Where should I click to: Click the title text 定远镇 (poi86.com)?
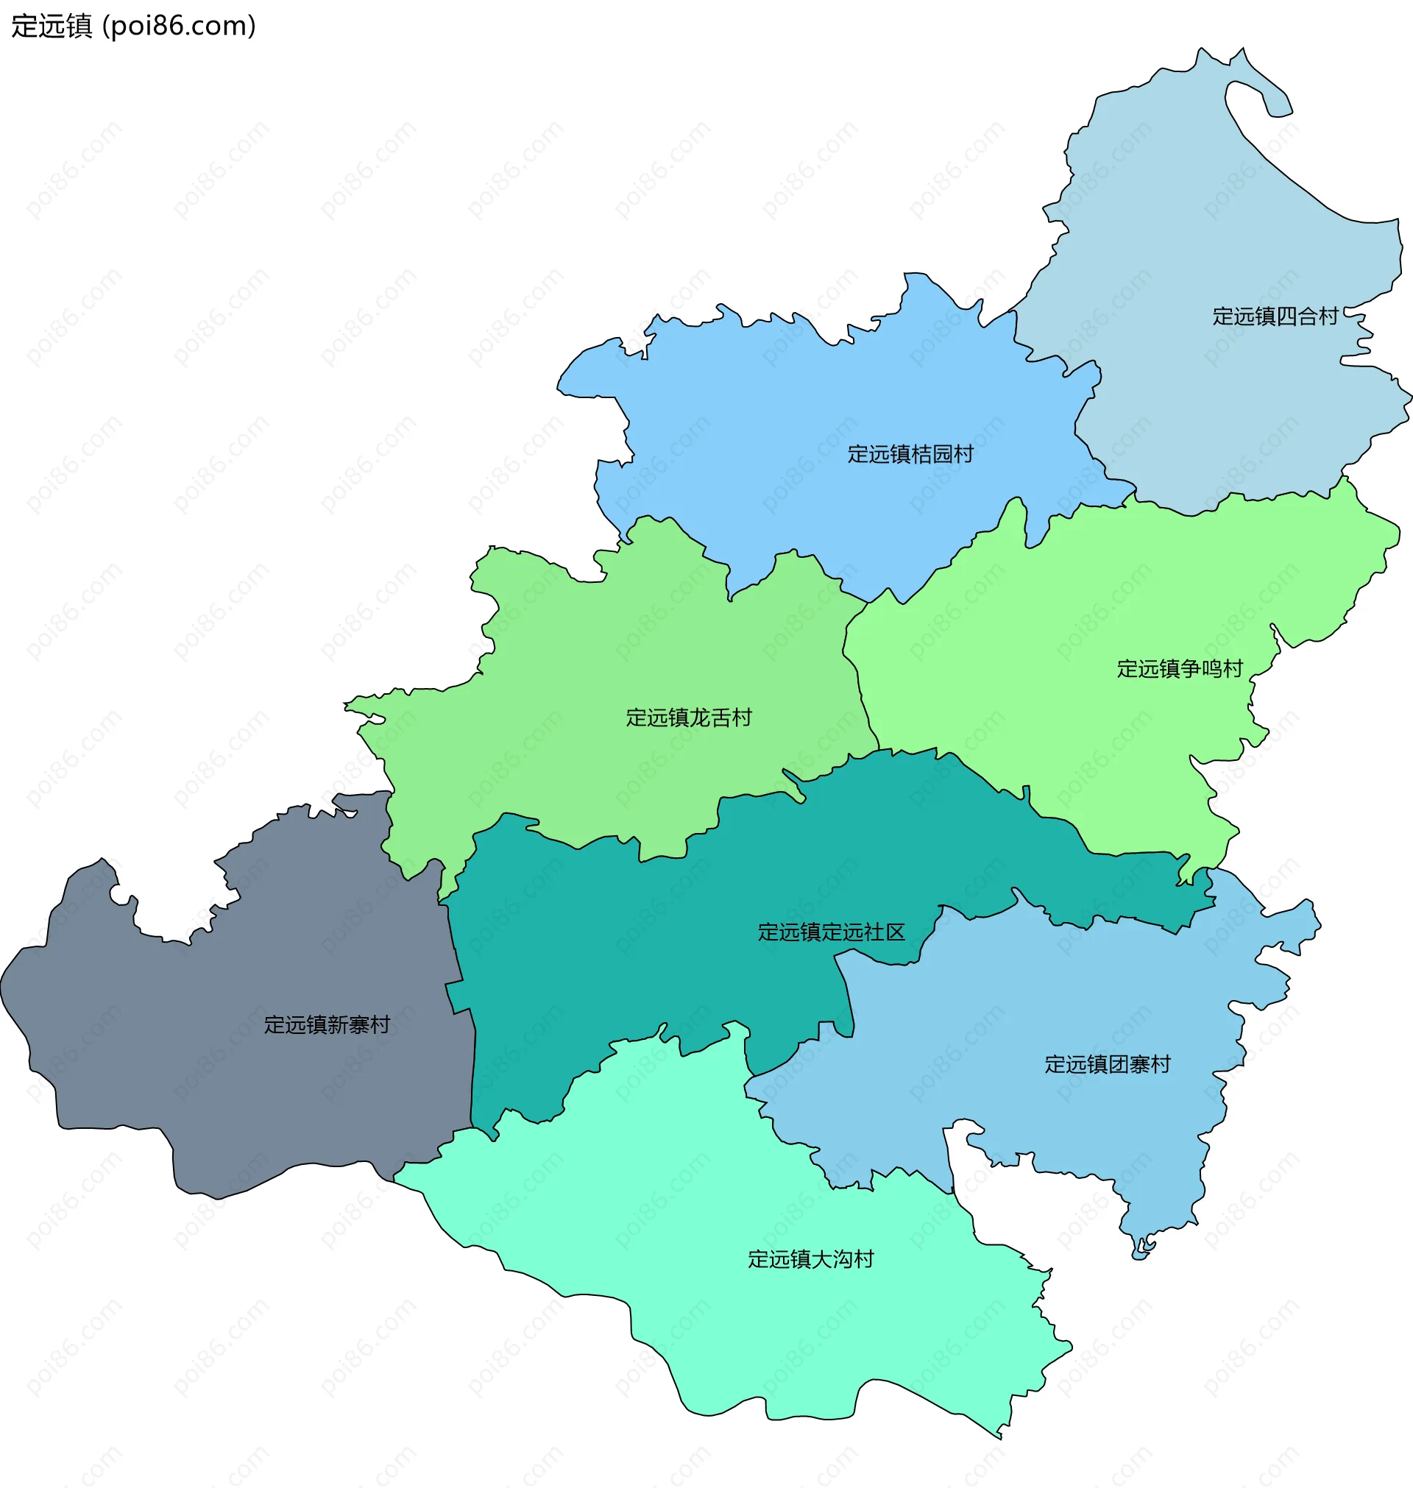click(x=134, y=26)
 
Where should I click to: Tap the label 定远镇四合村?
click(x=1275, y=316)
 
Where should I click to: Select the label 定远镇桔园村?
click(x=910, y=454)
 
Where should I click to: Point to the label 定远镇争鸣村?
click(x=1179, y=669)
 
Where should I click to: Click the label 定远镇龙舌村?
click(x=688, y=718)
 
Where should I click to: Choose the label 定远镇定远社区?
click(x=831, y=932)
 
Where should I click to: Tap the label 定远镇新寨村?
click(x=327, y=1025)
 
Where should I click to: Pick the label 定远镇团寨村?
click(x=1106, y=1065)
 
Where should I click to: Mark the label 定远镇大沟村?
click(x=810, y=1259)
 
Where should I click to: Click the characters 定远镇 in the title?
click(x=52, y=26)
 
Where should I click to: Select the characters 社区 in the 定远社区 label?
click(x=885, y=932)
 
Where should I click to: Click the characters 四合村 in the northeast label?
click(x=1306, y=316)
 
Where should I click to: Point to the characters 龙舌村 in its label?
click(x=720, y=718)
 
